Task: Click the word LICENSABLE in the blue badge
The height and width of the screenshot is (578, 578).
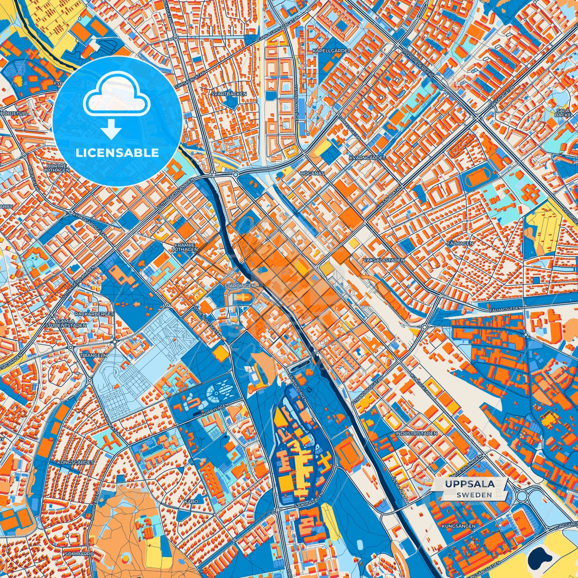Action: (x=117, y=153)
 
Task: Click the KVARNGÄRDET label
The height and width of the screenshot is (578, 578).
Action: (x=367, y=158)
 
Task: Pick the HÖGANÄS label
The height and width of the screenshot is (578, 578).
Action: (x=312, y=174)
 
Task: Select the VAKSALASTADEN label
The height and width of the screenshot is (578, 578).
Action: (x=384, y=260)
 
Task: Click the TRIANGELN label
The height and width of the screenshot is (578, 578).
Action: (x=93, y=355)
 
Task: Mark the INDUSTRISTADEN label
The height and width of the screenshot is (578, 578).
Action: (x=416, y=433)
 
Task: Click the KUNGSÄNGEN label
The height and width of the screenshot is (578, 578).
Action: (x=458, y=526)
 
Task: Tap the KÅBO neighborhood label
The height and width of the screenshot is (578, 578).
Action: (x=191, y=501)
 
